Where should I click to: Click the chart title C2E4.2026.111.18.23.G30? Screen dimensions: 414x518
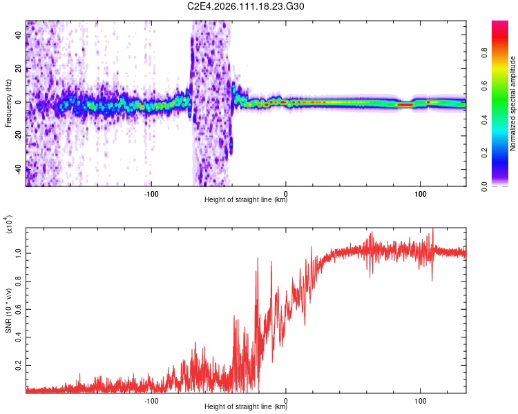pos(259,7)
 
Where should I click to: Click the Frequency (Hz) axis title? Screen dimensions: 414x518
pos(8,103)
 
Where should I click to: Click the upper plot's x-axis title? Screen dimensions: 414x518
pos(246,201)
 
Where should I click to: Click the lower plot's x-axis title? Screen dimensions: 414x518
pos(246,407)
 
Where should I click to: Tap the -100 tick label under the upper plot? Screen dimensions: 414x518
pos(152,194)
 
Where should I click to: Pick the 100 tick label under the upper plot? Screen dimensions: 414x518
pos(420,194)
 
